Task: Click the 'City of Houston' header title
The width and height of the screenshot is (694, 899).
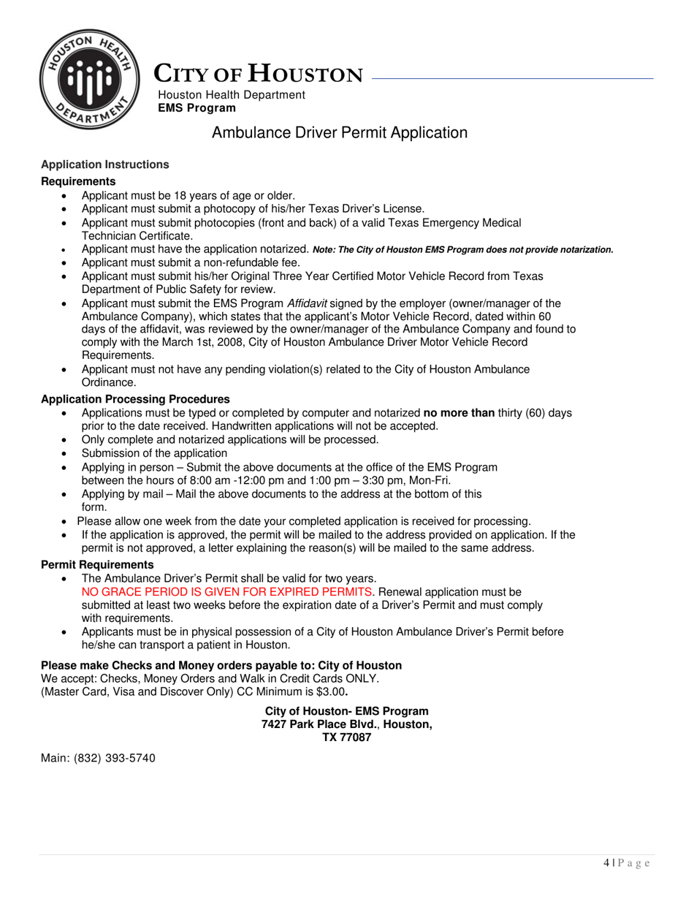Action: point(258,75)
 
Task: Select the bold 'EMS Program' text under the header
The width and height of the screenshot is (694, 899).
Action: point(197,108)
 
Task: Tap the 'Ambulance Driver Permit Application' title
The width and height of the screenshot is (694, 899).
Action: point(339,132)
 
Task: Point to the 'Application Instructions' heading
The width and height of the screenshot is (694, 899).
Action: point(104,164)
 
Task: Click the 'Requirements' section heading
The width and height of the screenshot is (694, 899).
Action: point(78,181)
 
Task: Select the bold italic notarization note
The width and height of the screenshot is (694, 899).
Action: point(462,250)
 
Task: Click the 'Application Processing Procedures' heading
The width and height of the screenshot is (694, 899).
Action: point(135,399)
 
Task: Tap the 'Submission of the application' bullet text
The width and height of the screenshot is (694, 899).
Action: point(154,453)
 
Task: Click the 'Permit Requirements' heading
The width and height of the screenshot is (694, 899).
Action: point(97,565)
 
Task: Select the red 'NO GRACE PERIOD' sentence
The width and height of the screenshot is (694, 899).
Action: point(227,591)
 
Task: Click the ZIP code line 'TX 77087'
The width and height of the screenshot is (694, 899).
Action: point(346,737)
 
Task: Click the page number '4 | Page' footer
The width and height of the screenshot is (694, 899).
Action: point(627,863)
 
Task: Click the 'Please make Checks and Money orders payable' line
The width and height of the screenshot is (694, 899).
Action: point(221,665)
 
